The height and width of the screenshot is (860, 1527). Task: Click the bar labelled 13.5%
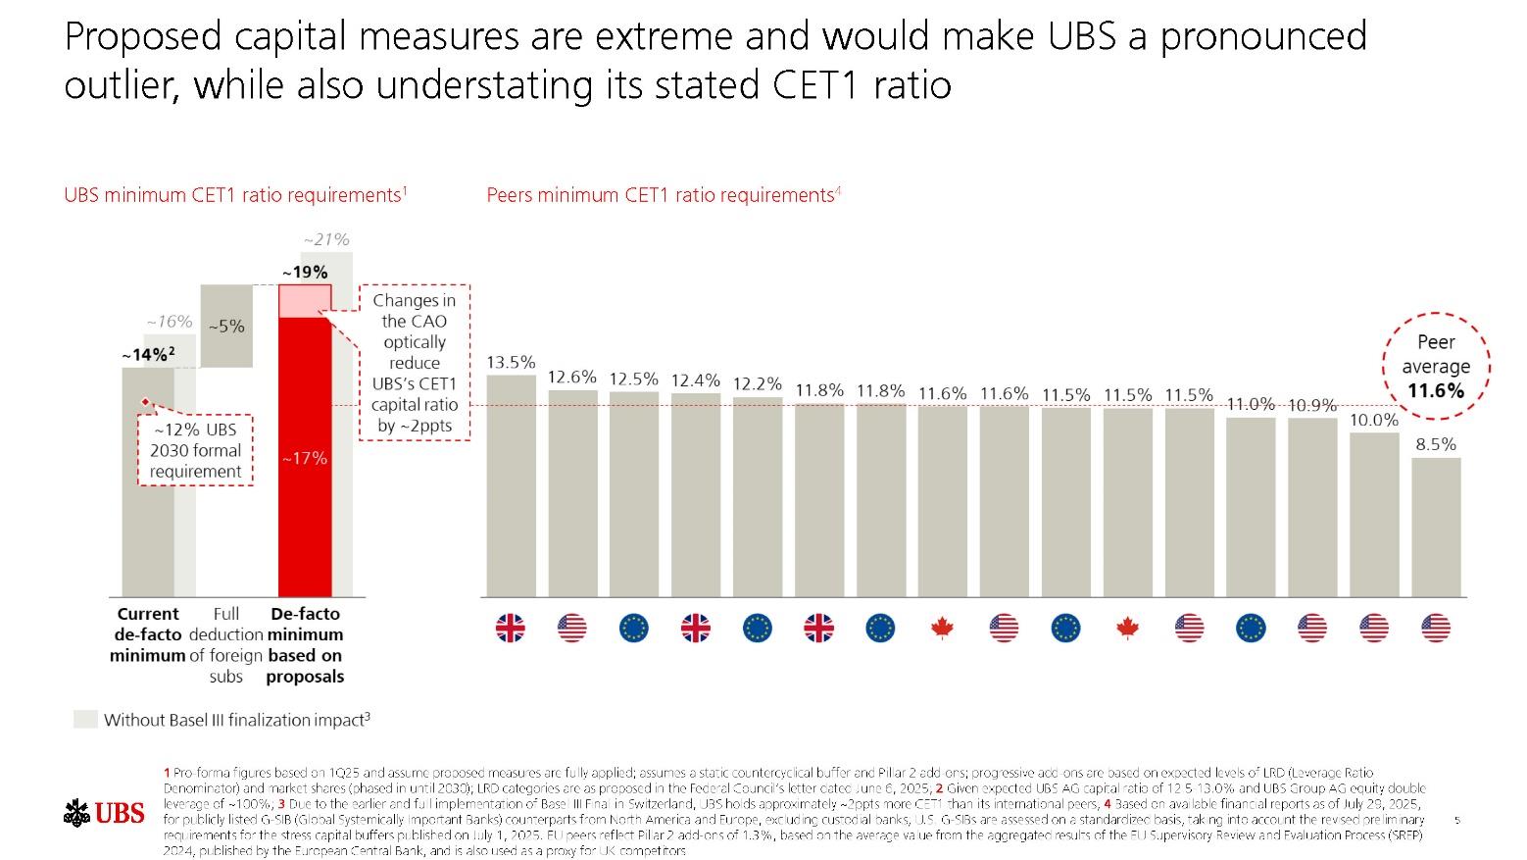coord(511,485)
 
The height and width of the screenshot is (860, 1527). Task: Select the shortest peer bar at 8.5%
coord(1436,527)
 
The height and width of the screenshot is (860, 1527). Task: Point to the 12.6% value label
coord(572,377)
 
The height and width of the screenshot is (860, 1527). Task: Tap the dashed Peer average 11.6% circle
coord(1436,366)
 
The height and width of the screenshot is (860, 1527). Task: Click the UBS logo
coord(104,812)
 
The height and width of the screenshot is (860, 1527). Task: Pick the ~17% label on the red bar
coord(305,458)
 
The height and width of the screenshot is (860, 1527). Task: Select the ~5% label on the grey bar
coord(226,326)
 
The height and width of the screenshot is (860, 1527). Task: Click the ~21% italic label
coord(325,239)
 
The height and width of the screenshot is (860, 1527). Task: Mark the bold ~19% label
coord(305,272)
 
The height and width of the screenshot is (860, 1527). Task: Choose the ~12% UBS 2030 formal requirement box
coord(196,450)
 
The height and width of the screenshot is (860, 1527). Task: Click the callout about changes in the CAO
coord(414,363)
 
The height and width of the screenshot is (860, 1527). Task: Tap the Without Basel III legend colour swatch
coord(86,720)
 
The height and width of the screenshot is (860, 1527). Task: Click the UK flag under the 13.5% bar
coord(511,628)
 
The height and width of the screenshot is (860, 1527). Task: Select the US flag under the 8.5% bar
coord(1436,628)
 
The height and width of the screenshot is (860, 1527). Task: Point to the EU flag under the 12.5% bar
coord(634,628)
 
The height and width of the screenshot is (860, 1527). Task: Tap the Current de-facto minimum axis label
coord(148,634)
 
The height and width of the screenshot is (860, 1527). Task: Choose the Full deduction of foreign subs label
coord(226,645)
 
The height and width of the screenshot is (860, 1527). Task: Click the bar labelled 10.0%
coord(1374,514)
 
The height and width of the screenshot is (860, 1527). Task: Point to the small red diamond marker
coord(145,402)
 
